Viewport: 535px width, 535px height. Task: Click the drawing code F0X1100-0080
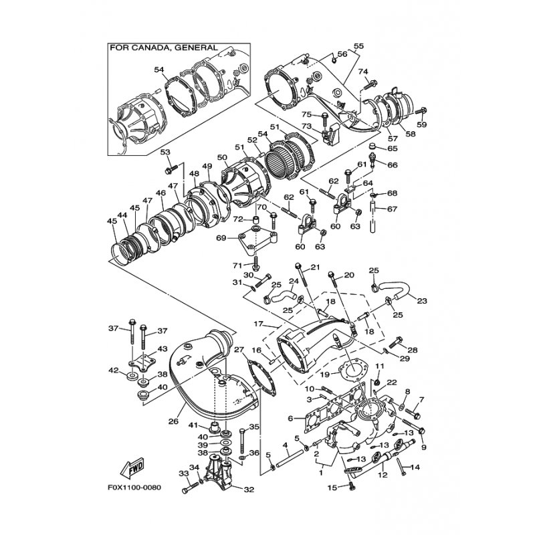(134, 488)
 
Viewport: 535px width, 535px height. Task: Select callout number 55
(358, 45)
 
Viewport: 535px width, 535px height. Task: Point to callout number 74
(363, 72)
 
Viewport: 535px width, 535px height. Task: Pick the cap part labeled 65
(374, 147)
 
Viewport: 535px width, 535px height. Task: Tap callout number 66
(393, 165)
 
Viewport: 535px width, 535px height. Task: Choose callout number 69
(221, 238)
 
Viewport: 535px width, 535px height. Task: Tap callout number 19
(324, 374)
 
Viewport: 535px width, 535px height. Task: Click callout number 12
(383, 475)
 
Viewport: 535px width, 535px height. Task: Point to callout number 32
(249, 490)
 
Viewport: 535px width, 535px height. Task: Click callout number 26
(173, 421)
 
